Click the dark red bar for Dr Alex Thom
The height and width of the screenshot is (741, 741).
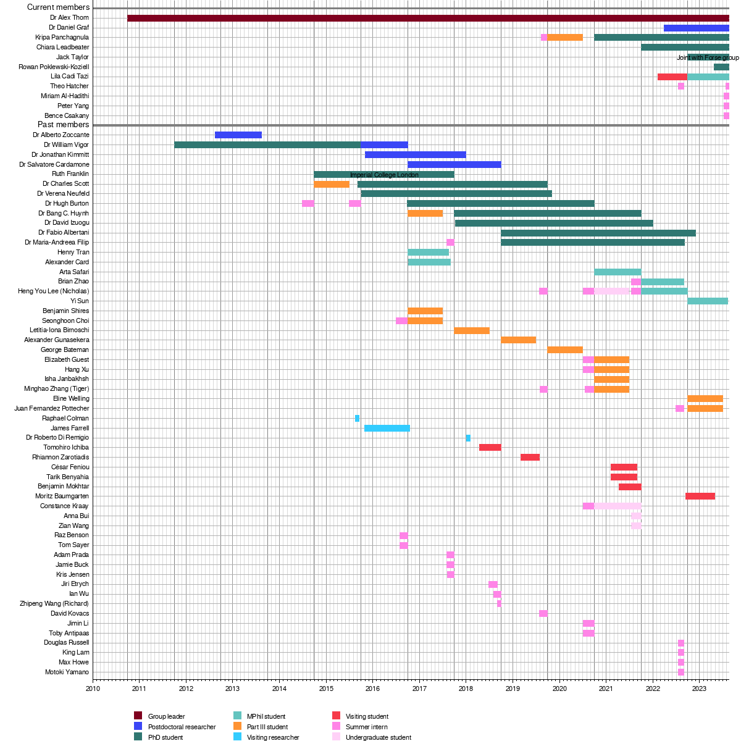[x=428, y=18]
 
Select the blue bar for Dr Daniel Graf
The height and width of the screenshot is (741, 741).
[x=696, y=28]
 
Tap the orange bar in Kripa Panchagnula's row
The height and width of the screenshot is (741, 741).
[x=564, y=38]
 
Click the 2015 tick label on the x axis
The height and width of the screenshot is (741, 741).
[x=326, y=689]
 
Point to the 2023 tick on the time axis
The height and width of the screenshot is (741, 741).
[x=699, y=689]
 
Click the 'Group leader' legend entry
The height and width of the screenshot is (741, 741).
[x=166, y=716]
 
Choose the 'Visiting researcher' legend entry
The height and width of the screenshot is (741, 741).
[x=273, y=737]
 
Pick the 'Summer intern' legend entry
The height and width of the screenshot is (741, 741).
[x=367, y=727]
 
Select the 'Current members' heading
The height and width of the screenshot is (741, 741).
[x=58, y=7]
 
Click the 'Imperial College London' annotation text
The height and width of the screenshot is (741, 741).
[x=384, y=175]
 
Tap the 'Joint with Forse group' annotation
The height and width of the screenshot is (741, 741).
[x=708, y=57]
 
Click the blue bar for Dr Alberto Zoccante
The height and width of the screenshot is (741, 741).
[x=238, y=135]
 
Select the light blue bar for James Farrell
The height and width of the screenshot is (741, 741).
[x=387, y=429]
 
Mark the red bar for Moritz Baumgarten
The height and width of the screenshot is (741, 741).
[x=700, y=496]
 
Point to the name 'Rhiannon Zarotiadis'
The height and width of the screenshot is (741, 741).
[x=61, y=458]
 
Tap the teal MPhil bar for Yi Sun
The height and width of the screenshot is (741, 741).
[x=708, y=301]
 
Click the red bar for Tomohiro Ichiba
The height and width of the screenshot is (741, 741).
[x=490, y=448]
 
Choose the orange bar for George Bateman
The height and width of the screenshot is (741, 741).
[x=565, y=350]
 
